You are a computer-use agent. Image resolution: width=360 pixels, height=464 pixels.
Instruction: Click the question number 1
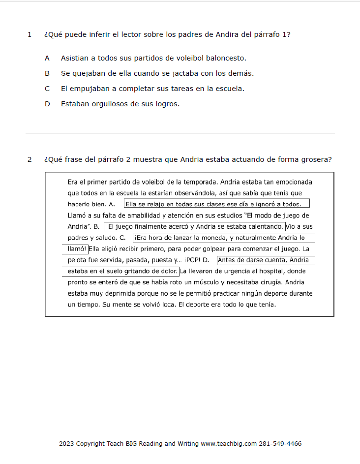pos(30,35)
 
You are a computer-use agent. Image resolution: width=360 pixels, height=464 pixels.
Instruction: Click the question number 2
pos(30,159)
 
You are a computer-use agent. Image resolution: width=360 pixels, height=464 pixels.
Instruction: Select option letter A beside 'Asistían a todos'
pos(47,58)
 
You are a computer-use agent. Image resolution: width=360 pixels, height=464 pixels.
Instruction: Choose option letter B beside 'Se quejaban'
pos(47,73)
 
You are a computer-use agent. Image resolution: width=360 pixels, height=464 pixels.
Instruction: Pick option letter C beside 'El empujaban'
pos(47,89)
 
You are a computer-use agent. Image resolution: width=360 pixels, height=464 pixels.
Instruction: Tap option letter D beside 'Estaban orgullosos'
pos(47,104)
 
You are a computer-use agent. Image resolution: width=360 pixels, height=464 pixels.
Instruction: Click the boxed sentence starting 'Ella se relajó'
pos(216,204)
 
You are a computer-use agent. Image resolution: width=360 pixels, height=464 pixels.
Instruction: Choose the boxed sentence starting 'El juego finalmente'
pos(195,227)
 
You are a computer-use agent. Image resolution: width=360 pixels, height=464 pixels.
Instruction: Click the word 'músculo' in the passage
pos(190,282)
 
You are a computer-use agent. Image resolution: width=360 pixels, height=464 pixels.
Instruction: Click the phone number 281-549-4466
pos(280,444)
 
